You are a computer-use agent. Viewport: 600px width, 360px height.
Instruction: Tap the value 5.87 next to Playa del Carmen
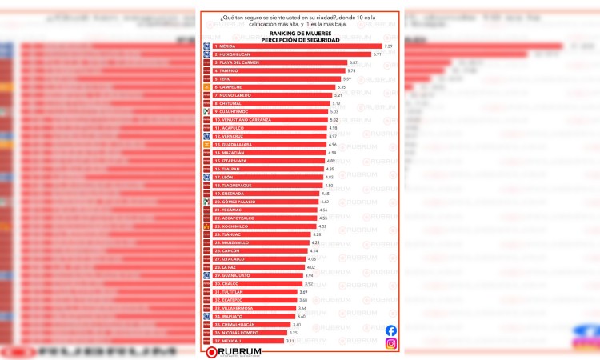[x=353, y=62]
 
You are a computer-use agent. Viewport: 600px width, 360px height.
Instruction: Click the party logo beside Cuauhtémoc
[x=206, y=111]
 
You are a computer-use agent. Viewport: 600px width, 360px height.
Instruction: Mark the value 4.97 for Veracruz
[x=333, y=136]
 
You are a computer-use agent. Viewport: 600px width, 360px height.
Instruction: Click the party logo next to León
[x=206, y=177]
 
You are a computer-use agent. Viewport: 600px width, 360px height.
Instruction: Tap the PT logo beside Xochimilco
[x=206, y=226]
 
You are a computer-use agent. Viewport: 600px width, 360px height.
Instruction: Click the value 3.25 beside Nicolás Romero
[x=293, y=333]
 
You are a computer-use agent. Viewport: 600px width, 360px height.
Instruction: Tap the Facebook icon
[x=391, y=330]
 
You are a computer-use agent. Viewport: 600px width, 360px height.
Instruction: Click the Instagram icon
[x=391, y=344]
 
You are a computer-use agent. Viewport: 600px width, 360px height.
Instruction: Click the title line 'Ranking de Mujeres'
[x=299, y=33]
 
